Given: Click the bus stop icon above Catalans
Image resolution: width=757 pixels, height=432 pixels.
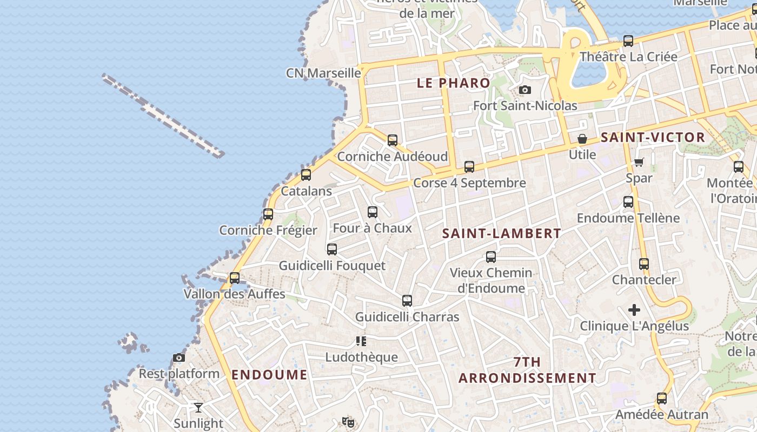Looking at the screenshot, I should tap(306, 175).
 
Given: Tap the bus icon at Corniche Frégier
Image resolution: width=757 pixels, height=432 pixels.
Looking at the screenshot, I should tap(268, 214).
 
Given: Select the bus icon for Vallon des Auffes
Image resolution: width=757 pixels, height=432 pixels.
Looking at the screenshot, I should tap(235, 278).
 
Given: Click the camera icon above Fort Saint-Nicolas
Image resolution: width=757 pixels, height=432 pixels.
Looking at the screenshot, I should tap(524, 90).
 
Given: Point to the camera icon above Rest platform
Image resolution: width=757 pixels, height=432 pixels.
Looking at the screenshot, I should tap(179, 357).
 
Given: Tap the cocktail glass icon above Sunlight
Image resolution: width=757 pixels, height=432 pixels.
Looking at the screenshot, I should tap(198, 407).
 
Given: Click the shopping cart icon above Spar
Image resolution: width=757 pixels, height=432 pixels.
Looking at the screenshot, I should tap(639, 162).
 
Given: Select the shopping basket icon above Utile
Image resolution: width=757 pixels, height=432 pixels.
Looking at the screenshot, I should tap(582, 139).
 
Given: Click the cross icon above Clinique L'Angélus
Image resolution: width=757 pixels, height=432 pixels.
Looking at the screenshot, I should tap(634, 310).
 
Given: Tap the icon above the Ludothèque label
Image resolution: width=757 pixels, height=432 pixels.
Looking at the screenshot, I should tap(361, 341).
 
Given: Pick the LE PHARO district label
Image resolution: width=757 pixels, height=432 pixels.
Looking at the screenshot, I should tap(454, 83).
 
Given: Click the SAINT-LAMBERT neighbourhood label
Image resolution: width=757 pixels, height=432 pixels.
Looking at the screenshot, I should tap(501, 234).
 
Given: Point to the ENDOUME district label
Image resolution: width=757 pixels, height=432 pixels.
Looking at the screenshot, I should tap(269, 375).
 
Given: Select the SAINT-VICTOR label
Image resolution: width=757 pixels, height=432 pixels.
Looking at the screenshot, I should tap(653, 137).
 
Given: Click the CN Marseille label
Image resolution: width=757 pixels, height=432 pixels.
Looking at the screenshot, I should tap(323, 73).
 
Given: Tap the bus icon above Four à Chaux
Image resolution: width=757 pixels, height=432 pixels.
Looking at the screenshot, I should tap(373, 212).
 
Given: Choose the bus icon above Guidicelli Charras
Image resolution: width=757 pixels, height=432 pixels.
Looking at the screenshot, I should tap(407, 301).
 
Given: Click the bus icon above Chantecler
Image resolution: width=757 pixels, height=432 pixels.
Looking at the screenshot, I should tap(644, 264).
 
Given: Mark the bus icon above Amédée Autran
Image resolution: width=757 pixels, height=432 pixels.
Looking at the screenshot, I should tap(662, 399).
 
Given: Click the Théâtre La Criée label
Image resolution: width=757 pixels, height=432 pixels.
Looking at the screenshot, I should tap(628, 57).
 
